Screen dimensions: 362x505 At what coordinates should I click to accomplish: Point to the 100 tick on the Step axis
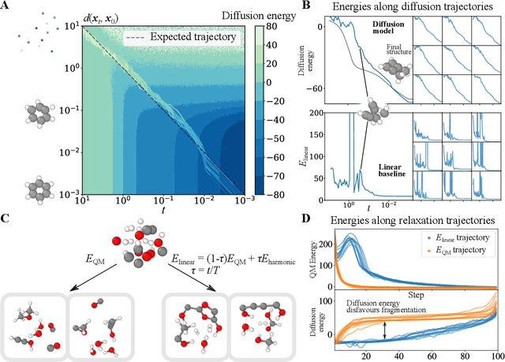(x=494, y=353)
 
